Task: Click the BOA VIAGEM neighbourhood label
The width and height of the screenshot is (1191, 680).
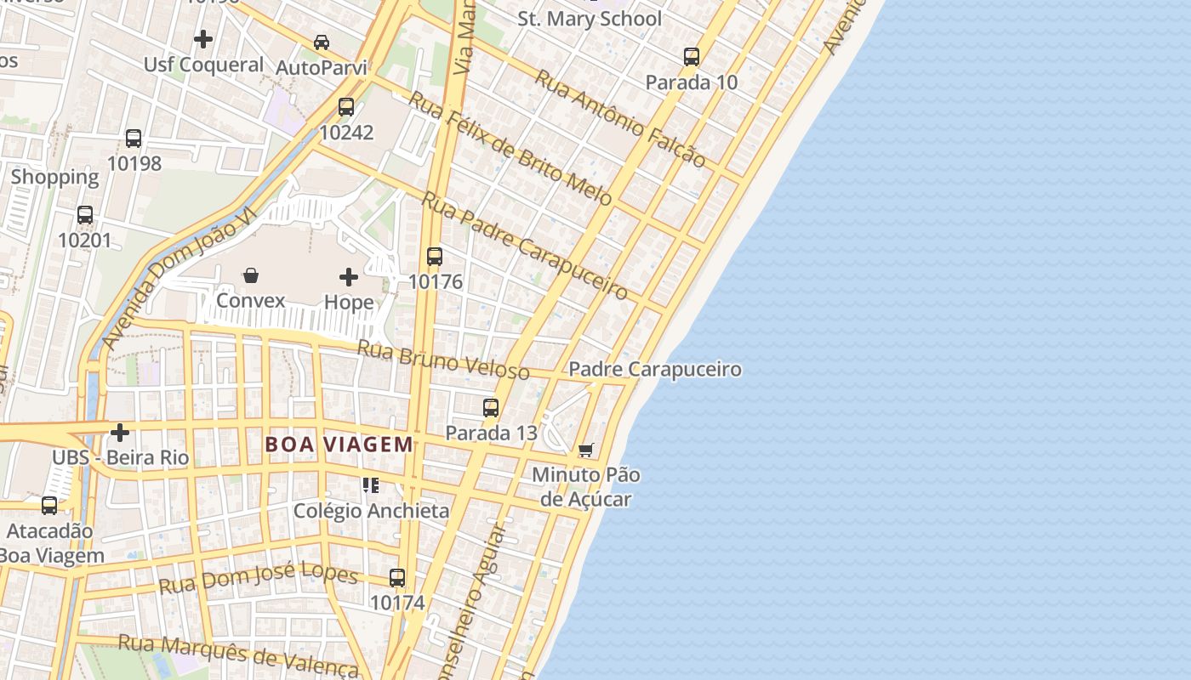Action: (x=339, y=444)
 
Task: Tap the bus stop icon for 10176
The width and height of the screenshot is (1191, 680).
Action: (x=435, y=256)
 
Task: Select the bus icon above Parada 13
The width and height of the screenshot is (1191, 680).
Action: (x=491, y=407)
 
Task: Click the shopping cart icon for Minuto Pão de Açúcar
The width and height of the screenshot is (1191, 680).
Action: (x=585, y=450)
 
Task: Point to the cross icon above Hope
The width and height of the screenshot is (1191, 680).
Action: (x=349, y=277)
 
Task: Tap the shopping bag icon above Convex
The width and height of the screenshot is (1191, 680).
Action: (x=251, y=275)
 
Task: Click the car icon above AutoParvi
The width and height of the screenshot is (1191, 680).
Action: (x=322, y=42)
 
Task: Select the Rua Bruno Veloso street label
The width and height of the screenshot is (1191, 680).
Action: (x=442, y=360)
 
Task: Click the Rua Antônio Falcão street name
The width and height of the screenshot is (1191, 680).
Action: (x=619, y=118)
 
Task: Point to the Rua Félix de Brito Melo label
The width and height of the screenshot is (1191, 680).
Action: (x=510, y=148)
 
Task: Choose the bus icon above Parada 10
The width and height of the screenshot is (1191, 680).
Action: (x=692, y=57)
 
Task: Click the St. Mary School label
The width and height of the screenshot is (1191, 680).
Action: (x=590, y=18)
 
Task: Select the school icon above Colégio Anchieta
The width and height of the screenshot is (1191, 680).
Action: (x=370, y=485)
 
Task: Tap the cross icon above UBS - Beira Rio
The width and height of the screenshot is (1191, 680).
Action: (x=120, y=433)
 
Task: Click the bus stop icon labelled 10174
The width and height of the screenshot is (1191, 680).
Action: (x=397, y=577)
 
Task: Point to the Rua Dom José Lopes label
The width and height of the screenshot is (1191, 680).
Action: (x=259, y=578)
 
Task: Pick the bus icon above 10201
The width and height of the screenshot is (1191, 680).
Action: (x=85, y=215)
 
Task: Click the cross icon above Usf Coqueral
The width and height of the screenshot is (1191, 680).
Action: (x=203, y=39)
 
